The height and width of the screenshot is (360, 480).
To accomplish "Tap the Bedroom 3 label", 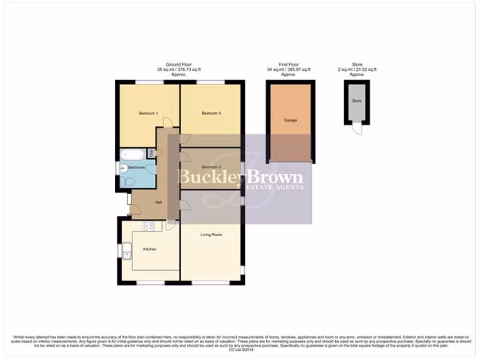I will tap(211, 113).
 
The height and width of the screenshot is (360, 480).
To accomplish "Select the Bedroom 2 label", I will tap(211, 167).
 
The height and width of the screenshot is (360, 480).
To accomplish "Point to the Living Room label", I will tap(211, 234).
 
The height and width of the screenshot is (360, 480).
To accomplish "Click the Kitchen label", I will tap(150, 249).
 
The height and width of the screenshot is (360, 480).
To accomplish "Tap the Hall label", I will tap(158, 202).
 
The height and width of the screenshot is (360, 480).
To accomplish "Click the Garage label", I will tap(290, 120).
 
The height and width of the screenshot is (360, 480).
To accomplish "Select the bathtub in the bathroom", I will tap(133, 155).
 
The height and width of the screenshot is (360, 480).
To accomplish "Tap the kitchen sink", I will tap(127, 251).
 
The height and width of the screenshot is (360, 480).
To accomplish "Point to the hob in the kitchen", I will tap(149, 226).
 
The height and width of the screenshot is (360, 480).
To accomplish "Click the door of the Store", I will tap(358, 128).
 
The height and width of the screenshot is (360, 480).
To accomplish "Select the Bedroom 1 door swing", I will tap(168, 122).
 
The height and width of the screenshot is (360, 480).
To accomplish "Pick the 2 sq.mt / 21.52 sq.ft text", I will tap(358, 69).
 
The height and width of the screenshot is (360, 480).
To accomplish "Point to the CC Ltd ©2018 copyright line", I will tap(240, 350).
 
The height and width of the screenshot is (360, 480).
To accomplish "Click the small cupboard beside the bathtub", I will tap(151, 152).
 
